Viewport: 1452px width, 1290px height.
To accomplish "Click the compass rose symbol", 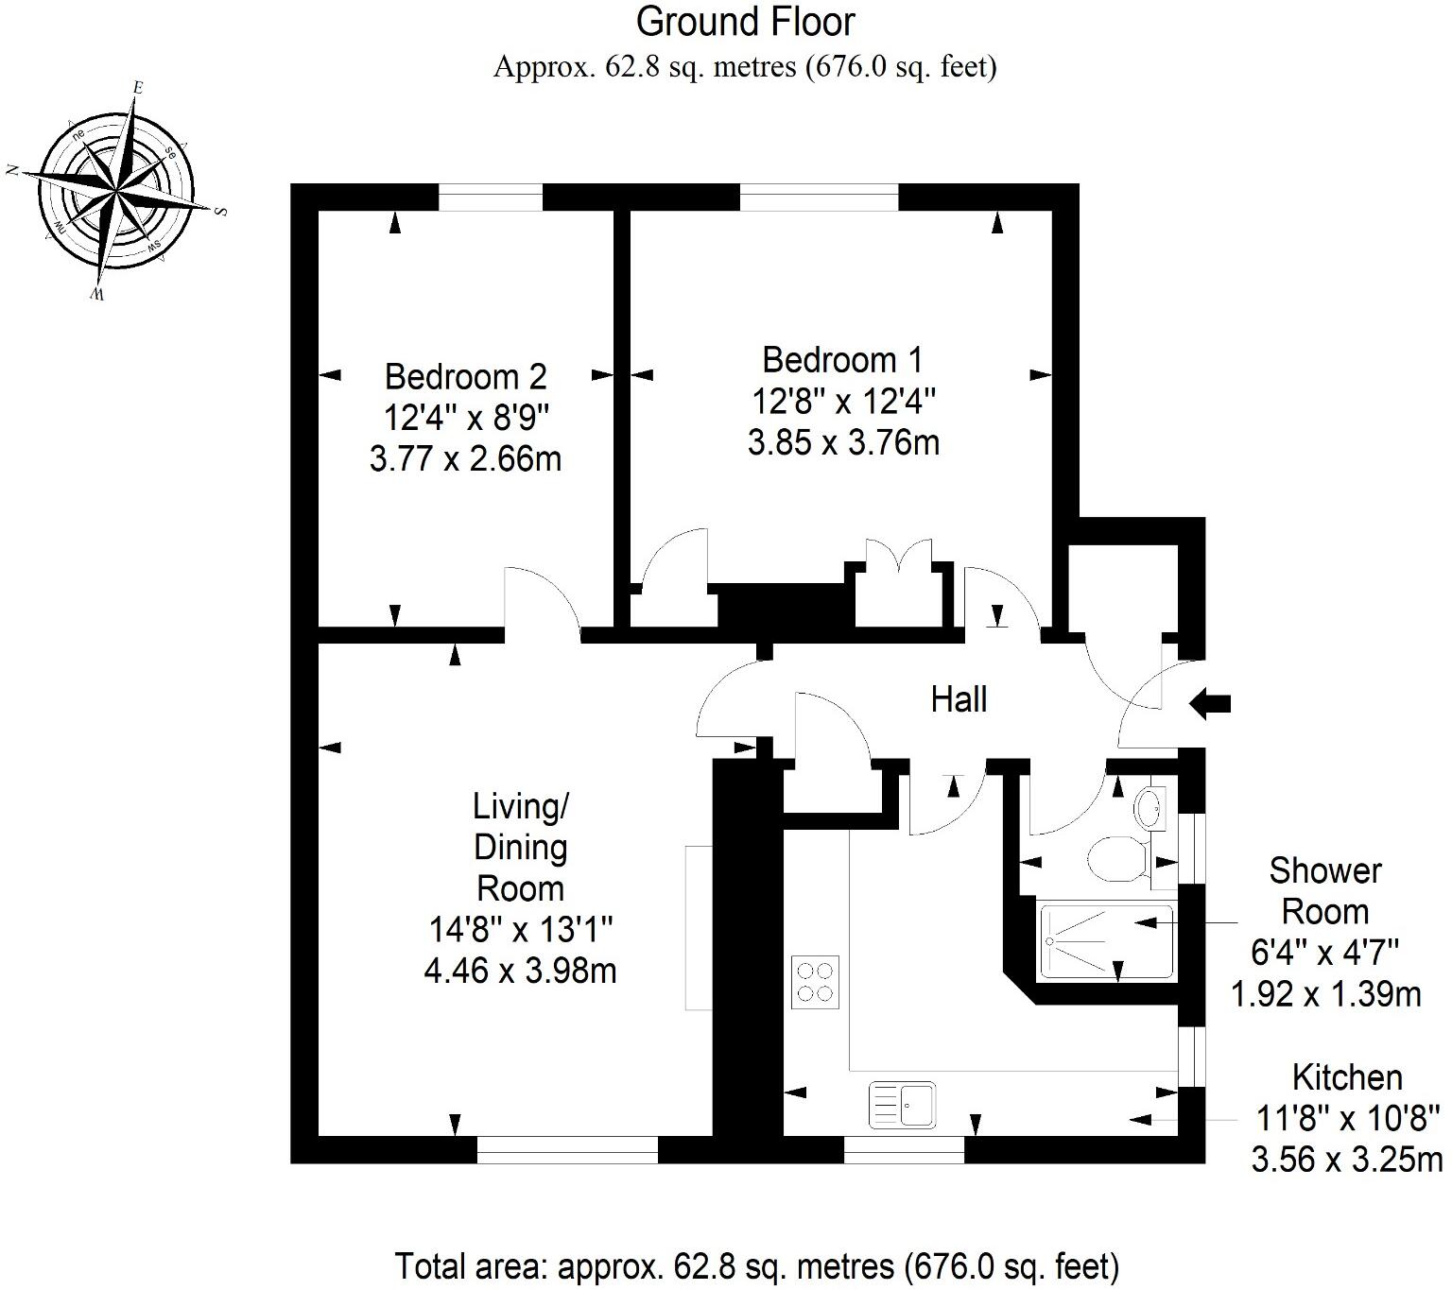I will point(116,193).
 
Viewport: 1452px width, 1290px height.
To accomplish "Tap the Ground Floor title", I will point(745,22).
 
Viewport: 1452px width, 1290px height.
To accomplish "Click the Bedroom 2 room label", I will point(465,377).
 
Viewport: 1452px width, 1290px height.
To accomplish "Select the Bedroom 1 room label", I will point(842,360).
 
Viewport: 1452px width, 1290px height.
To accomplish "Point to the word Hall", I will point(959,700).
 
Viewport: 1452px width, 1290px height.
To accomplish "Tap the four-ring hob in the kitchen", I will point(815,982).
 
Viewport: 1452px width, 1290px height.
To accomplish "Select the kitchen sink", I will point(902,1104).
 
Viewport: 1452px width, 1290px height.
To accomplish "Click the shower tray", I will point(1105,941).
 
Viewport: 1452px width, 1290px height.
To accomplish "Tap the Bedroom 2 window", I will point(491,198).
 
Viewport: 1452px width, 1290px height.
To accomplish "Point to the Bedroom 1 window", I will point(819,198).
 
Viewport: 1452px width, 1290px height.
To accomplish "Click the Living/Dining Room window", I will point(567,1149).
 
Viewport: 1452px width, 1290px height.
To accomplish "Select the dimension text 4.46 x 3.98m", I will point(520,971).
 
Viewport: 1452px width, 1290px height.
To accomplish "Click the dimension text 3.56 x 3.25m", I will point(1347,1159).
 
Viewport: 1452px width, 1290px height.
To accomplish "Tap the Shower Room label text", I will point(1324,890).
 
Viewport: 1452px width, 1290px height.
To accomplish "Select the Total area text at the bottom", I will point(756,1265).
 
